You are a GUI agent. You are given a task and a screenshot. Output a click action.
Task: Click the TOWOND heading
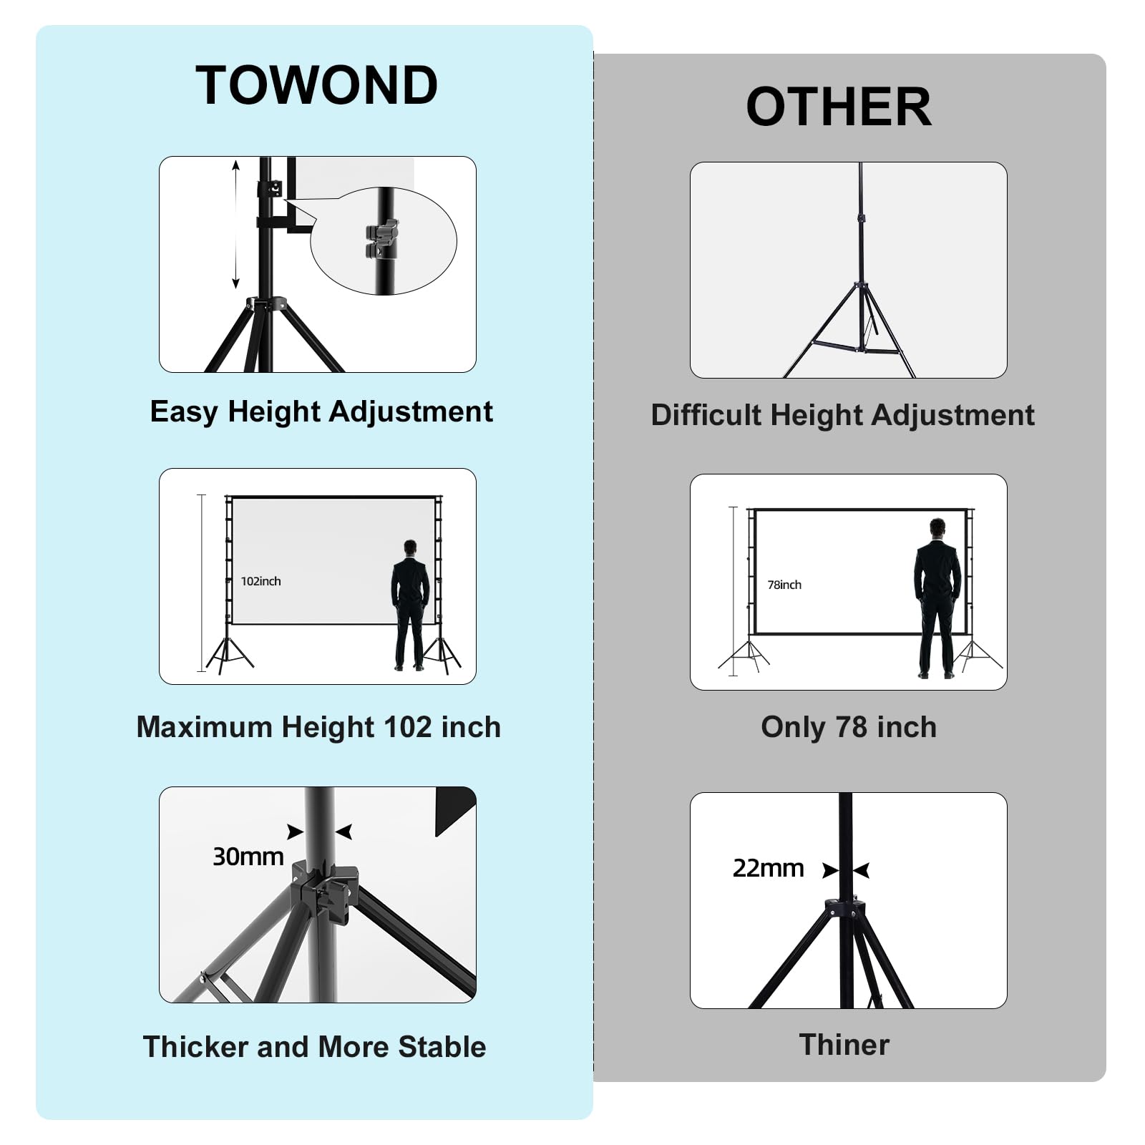(x=316, y=86)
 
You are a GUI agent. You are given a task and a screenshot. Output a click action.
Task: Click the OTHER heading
(x=838, y=107)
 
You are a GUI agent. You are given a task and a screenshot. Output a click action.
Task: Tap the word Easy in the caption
(x=184, y=412)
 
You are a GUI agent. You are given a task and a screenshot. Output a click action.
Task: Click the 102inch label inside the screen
(x=260, y=581)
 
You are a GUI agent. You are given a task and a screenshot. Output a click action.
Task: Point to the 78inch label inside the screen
(x=784, y=585)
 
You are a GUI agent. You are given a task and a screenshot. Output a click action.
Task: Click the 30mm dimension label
(x=248, y=857)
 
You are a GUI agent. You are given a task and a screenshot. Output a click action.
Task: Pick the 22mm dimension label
(x=768, y=868)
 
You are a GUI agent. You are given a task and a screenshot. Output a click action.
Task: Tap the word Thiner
(x=844, y=1045)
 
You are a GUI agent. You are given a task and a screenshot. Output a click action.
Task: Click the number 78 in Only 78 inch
(x=852, y=727)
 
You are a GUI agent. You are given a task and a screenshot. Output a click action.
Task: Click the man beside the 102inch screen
(x=410, y=605)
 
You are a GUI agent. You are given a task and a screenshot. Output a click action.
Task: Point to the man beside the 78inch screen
(x=937, y=598)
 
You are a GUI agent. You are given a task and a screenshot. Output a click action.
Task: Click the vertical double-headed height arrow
(x=235, y=225)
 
